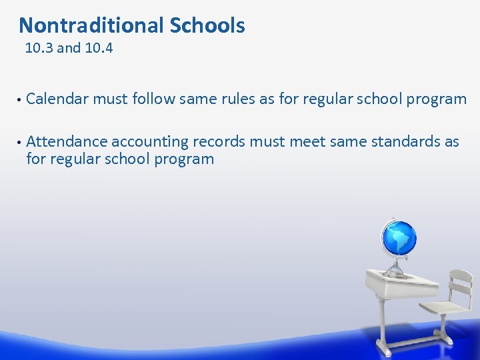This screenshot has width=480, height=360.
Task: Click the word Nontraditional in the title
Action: click(x=91, y=25)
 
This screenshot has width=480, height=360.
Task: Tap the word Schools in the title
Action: click(x=207, y=25)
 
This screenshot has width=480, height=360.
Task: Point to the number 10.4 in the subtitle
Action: click(x=99, y=48)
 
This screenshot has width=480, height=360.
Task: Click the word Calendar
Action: click(x=57, y=99)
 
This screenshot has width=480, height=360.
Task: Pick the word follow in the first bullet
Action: click(x=151, y=99)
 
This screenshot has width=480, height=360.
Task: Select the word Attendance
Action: click(x=67, y=141)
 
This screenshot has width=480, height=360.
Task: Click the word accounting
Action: click(x=150, y=142)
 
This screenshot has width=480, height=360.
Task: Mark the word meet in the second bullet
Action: click(x=305, y=141)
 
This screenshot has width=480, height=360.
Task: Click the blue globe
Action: click(x=399, y=238)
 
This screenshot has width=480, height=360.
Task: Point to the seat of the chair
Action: click(x=443, y=309)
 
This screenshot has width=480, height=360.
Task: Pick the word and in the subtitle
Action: click(x=69, y=48)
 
